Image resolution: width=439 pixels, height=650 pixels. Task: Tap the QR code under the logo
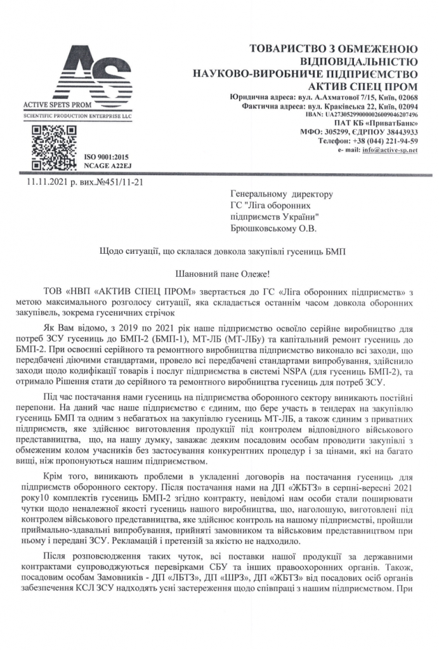pyautogui.click(x=46, y=143)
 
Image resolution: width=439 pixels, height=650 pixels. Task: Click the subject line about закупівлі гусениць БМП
pyautogui.click(x=219, y=251)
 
